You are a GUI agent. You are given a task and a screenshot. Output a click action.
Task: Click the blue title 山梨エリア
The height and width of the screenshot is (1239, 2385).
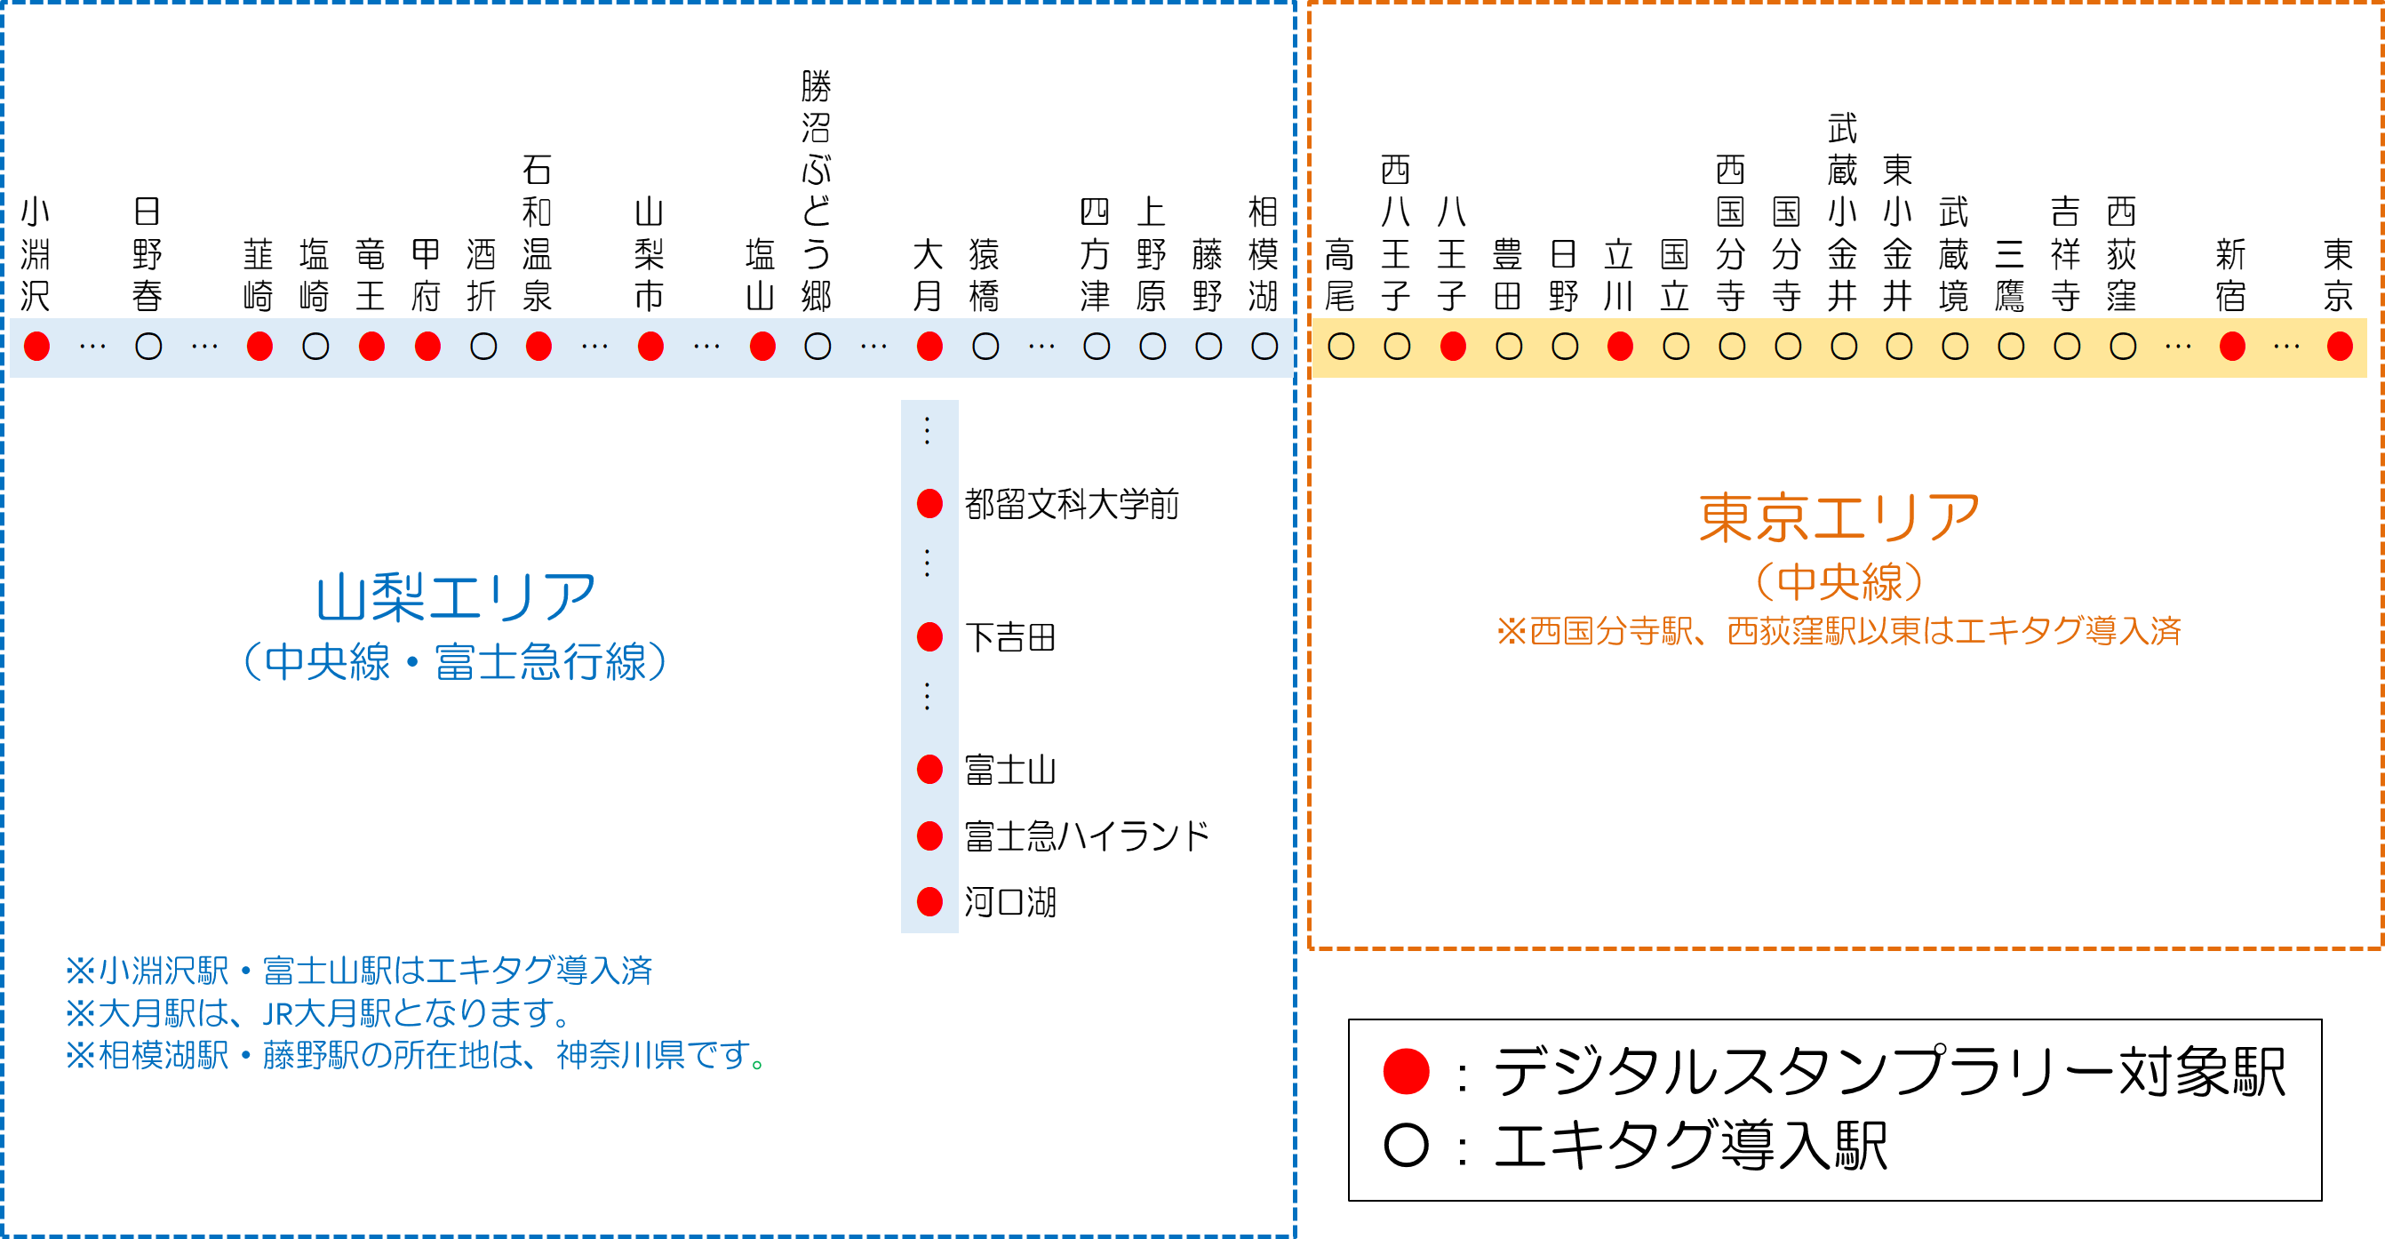(455, 597)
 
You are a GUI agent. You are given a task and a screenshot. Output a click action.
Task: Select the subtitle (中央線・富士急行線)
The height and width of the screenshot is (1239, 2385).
(455, 661)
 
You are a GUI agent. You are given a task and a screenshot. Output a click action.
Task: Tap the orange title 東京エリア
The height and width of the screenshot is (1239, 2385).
(1839, 517)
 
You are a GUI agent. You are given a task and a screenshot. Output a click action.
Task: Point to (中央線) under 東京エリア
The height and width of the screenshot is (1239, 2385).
(1839, 581)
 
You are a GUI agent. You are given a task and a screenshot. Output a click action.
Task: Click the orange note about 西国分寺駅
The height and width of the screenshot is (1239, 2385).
(1839, 632)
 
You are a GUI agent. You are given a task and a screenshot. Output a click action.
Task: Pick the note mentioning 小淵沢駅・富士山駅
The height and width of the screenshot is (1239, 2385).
(359, 971)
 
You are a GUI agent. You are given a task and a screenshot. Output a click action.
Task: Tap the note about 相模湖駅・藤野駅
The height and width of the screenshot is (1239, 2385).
(415, 1055)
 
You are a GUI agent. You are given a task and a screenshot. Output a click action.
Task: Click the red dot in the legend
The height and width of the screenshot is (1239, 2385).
(1406, 1071)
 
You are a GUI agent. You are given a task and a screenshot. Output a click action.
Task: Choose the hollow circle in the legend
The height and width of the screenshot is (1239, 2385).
(1406, 1146)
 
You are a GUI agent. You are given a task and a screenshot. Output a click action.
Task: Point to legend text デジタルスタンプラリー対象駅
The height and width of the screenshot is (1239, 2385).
(1889, 1071)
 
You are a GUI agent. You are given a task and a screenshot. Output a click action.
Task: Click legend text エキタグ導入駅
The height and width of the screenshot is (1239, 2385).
(1691, 1146)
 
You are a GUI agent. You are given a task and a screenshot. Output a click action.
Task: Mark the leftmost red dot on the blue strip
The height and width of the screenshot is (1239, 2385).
(37, 347)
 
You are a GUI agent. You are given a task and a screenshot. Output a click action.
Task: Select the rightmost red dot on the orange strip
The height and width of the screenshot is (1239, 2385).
(2340, 347)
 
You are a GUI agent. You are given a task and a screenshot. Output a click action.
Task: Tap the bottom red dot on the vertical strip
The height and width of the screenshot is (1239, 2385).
(929, 901)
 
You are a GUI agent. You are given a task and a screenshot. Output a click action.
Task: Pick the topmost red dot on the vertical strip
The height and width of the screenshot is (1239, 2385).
(929, 504)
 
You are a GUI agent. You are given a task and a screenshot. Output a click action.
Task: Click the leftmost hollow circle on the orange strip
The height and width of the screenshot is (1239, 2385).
(1341, 347)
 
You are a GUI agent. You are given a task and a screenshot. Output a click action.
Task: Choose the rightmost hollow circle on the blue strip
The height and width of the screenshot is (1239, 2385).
(1264, 347)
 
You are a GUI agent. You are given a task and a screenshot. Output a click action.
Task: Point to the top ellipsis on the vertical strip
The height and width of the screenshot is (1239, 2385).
(928, 430)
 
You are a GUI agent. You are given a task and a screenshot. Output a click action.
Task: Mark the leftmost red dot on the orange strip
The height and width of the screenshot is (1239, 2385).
(1454, 347)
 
